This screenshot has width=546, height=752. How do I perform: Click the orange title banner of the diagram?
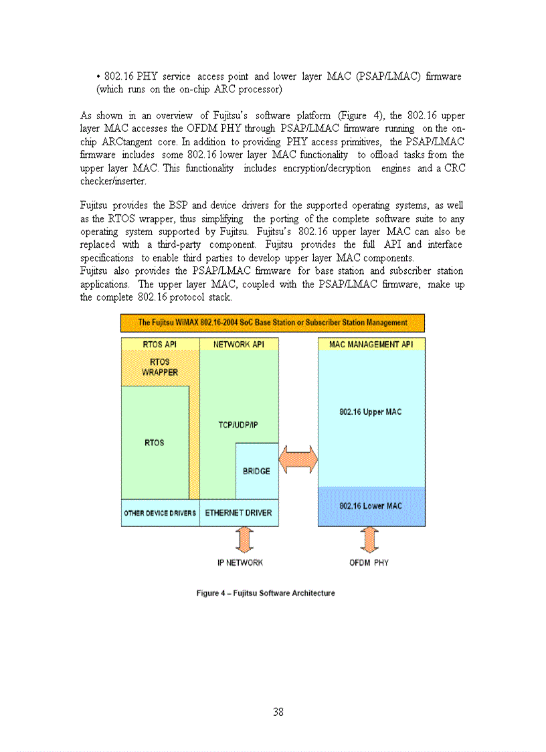tap(272, 323)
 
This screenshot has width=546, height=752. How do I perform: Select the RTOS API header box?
tap(160, 344)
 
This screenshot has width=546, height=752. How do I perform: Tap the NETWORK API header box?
tap(239, 344)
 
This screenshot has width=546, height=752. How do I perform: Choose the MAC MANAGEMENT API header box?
tap(371, 344)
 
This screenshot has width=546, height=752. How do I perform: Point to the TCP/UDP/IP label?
tap(238, 425)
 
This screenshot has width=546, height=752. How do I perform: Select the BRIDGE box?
tap(257, 471)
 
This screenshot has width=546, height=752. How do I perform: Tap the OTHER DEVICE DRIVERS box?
tap(160, 513)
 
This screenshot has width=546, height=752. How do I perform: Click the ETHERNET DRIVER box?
tap(239, 513)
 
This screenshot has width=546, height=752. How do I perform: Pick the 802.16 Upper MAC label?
tap(371, 412)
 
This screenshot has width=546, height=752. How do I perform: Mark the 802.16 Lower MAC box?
tap(371, 506)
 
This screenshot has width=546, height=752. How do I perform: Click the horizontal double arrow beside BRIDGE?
tap(298, 461)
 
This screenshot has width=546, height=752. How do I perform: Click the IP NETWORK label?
tap(240, 562)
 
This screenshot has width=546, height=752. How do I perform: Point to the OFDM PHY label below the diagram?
tap(369, 562)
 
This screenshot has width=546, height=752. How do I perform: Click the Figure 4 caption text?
tap(266, 593)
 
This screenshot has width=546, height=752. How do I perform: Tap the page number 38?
tap(278, 712)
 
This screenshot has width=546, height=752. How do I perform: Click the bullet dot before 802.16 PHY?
tap(98, 77)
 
